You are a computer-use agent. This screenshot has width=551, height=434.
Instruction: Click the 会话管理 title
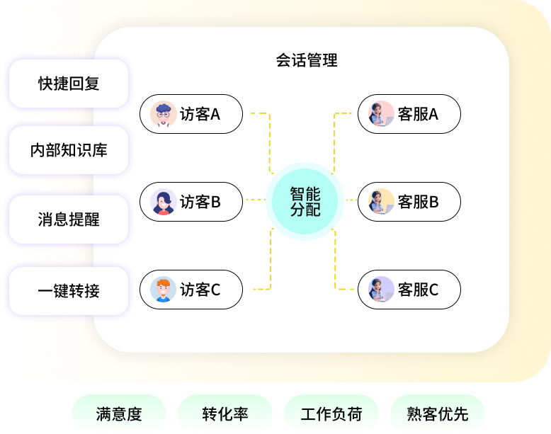[x=307, y=60]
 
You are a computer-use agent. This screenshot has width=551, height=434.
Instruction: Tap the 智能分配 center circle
[x=305, y=201]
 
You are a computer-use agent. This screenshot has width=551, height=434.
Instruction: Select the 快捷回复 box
[x=69, y=84]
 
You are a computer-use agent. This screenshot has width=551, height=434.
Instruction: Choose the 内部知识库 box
[x=69, y=150]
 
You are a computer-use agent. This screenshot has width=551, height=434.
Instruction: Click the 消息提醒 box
[x=69, y=219]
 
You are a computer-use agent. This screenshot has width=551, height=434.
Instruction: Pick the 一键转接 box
[x=69, y=290]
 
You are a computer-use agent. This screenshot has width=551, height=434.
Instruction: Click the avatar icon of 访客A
[x=164, y=114]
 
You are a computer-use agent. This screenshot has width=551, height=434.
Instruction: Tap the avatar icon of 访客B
[x=164, y=202]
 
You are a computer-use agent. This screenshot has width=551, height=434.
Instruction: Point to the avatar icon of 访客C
[x=164, y=290]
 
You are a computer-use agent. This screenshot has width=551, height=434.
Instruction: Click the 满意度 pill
[x=119, y=414]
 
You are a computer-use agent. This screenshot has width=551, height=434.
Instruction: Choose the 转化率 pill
[x=225, y=414]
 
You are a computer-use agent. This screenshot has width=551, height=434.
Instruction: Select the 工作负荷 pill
[x=331, y=414]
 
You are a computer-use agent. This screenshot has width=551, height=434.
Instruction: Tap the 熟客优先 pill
[x=438, y=414]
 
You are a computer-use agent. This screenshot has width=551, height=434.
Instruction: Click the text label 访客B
[x=200, y=202]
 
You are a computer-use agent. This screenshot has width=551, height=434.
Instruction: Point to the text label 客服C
[x=419, y=290]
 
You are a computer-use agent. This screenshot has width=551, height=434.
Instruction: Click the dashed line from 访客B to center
[x=254, y=200]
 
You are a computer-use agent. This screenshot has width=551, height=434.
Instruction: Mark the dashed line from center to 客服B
[x=351, y=200]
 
